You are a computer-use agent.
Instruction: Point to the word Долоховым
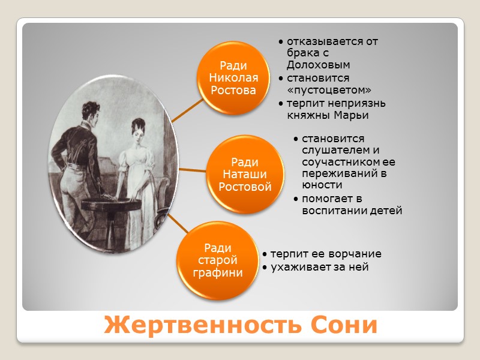319,65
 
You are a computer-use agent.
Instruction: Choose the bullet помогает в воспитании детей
351,205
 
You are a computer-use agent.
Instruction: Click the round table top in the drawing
111,204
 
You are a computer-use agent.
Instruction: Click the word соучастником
349,162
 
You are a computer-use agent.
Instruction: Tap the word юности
319,185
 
